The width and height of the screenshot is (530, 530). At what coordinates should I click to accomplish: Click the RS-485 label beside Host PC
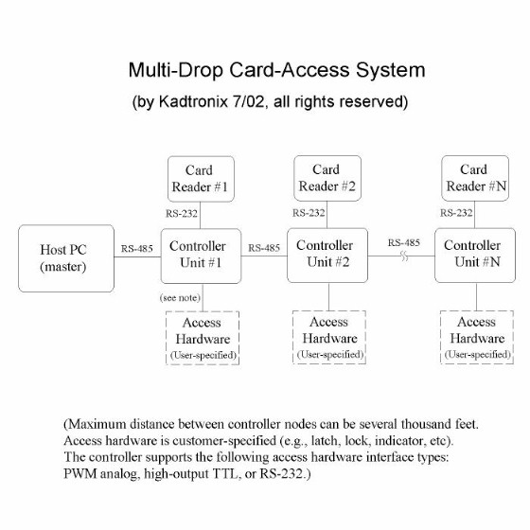click(x=137, y=249)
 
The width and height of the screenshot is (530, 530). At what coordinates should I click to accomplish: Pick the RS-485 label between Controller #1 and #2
click(x=264, y=248)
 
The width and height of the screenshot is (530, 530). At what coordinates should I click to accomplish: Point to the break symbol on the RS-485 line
click(x=404, y=256)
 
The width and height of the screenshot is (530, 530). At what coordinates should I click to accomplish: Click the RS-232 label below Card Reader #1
click(x=182, y=214)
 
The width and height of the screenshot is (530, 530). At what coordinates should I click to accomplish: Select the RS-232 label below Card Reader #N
click(x=456, y=213)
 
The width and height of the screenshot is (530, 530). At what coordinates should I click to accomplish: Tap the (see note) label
click(x=180, y=298)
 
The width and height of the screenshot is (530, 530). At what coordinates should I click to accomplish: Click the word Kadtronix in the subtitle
click(x=193, y=101)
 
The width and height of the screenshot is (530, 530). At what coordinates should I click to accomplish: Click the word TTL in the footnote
click(x=225, y=473)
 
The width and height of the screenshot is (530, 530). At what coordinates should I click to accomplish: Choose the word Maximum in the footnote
click(x=97, y=424)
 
